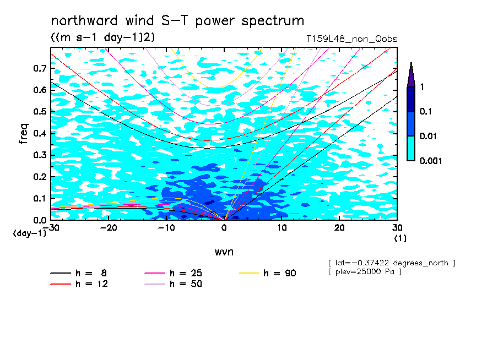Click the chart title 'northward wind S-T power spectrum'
(177, 21)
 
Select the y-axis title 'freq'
(24, 134)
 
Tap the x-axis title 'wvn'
(224, 252)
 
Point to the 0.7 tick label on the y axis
(40, 68)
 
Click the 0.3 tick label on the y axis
(40, 155)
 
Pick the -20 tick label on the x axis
(109, 228)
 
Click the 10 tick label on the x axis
(282, 228)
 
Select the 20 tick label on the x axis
(339, 228)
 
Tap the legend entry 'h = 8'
(78, 273)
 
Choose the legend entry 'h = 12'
(79, 284)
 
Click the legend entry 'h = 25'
(174, 273)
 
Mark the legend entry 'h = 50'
(174, 284)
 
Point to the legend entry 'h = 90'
(267, 273)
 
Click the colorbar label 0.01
(429, 136)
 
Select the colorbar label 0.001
(431, 161)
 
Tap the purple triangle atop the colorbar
(411, 75)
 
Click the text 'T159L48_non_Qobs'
(351, 39)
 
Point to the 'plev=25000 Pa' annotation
(365, 272)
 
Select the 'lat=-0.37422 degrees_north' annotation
(392, 263)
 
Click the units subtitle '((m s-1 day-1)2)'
(103, 37)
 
